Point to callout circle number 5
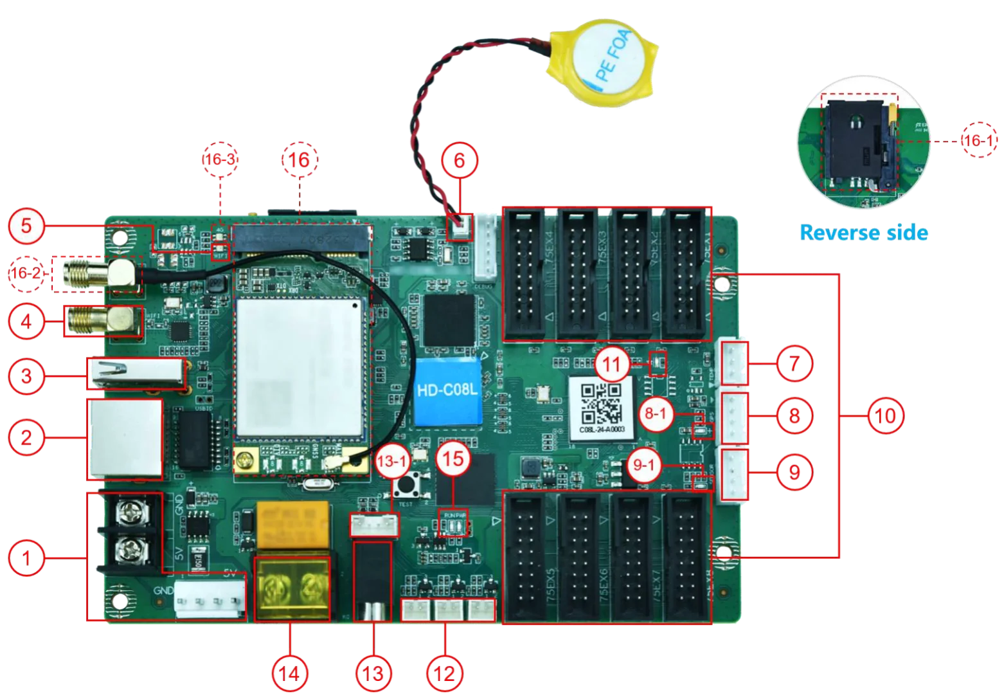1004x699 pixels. tap(26, 226)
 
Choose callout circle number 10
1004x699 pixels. tap(885, 417)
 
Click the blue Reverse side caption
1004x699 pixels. tap(863, 232)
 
